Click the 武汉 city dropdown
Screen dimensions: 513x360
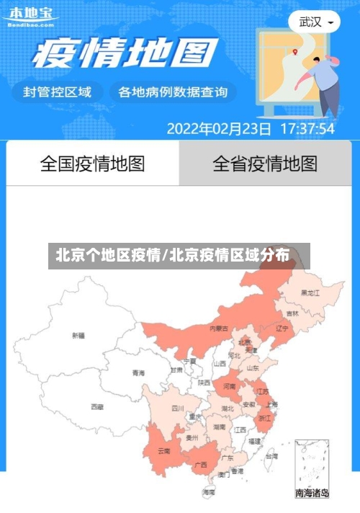pyautogui.click(x=315, y=22)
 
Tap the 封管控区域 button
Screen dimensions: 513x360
pyautogui.click(x=58, y=92)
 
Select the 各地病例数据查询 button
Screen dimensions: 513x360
pyautogui.click(x=172, y=92)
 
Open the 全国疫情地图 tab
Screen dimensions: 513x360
pyautogui.click(x=92, y=164)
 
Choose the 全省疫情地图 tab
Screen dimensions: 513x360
pyautogui.click(x=264, y=164)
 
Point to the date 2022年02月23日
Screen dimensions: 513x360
pyautogui.click(x=219, y=129)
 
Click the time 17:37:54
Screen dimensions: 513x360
pyautogui.click(x=307, y=129)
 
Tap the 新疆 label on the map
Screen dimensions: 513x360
pyautogui.click(x=78, y=335)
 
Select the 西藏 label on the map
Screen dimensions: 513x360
pyautogui.click(x=97, y=406)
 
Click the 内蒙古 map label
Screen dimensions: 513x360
pyautogui.click(x=219, y=328)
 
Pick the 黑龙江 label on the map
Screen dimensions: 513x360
pyautogui.click(x=310, y=293)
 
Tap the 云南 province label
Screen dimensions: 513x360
pyautogui.click(x=163, y=451)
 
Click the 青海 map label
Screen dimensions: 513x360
pyautogui.click(x=138, y=373)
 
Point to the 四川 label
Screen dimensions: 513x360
pyautogui.click(x=177, y=408)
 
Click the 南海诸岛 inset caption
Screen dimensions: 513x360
pyautogui.click(x=312, y=494)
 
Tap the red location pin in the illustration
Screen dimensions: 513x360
pyautogui.click(x=295, y=51)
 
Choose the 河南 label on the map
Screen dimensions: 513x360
pyautogui.click(x=229, y=386)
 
